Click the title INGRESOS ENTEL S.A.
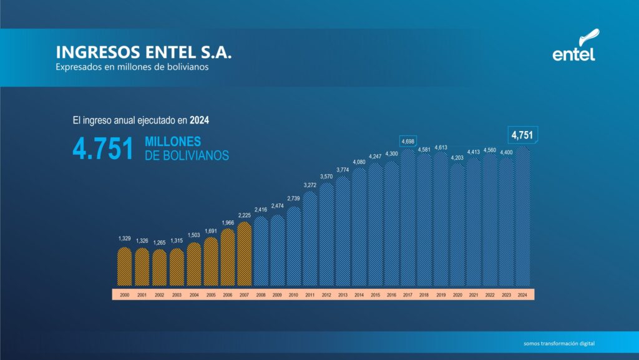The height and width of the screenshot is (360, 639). (x=144, y=52)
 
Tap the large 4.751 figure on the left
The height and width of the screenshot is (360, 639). (x=103, y=150)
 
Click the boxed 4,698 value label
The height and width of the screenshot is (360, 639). (x=407, y=142)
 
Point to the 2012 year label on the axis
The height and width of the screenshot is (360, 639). (x=326, y=294)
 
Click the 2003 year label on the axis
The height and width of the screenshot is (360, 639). (x=177, y=294)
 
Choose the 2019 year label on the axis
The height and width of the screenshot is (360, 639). (x=441, y=294)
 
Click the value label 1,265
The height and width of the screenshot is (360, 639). (x=160, y=242)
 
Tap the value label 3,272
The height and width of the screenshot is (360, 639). (x=310, y=185)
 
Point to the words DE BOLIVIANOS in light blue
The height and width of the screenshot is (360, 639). (x=187, y=156)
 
